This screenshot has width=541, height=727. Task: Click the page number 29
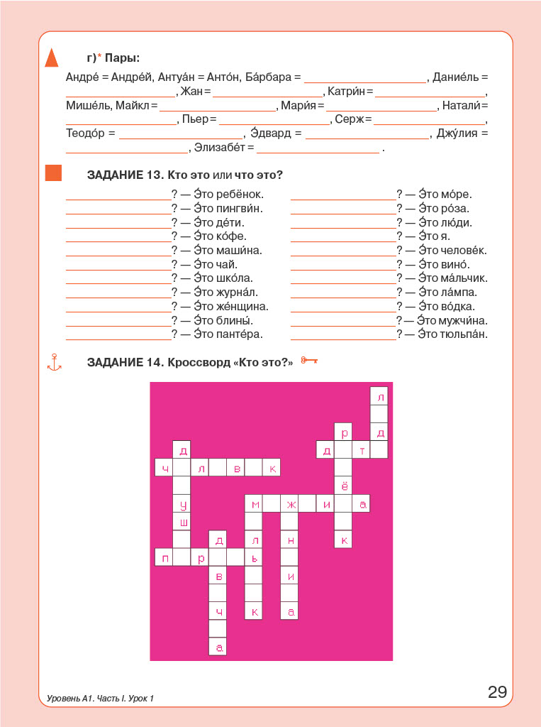(497, 692)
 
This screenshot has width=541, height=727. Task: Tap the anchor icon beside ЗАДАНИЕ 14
(54, 362)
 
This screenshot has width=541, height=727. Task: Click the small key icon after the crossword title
(308, 361)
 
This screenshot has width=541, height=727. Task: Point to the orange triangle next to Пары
(51, 58)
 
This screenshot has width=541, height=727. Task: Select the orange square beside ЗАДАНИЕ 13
(53, 173)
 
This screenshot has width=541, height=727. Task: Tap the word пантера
(240, 334)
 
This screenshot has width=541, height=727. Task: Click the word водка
(457, 307)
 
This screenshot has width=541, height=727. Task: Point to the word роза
(454, 209)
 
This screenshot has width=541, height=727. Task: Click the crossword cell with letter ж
(290, 504)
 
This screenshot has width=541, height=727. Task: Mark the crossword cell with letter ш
(183, 522)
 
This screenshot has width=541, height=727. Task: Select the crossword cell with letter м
(254, 504)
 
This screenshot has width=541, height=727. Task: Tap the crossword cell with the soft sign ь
(254, 557)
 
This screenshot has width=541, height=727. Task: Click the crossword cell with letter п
(164, 557)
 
